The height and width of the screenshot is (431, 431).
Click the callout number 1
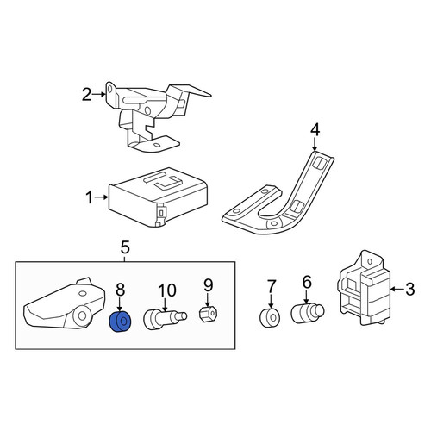pyautogui.click(x=90, y=198)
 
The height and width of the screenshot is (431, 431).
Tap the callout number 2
pyautogui.click(x=87, y=95)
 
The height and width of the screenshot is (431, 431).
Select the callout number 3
pyautogui.click(x=410, y=289)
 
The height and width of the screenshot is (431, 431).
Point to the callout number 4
pyautogui.click(x=315, y=129)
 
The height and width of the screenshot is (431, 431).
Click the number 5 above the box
pyautogui.click(x=125, y=247)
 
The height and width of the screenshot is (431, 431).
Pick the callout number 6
pyautogui.click(x=307, y=282)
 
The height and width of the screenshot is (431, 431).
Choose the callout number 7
pyautogui.click(x=272, y=286)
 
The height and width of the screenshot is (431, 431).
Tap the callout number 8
pyautogui.click(x=120, y=290)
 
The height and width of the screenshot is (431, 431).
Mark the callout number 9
pyautogui.click(x=208, y=285)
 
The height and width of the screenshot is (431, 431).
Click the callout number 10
pyautogui.click(x=166, y=290)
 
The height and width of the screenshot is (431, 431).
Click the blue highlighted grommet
pyautogui.click(x=120, y=322)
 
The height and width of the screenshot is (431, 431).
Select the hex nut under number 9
pyautogui.click(x=209, y=314)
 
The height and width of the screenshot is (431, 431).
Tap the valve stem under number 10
pyautogui.click(x=165, y=319)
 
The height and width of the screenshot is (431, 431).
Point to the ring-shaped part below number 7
pyautogui.click(x=270, y=318)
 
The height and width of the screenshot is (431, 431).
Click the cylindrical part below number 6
pyautogui.click(x=308, y=314)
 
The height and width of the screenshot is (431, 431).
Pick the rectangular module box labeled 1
pyautogui.click(x=158, y=197)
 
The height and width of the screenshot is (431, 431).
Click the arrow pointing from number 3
pyautogui.click(x=397, y=290)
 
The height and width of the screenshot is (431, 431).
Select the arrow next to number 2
pyautogui.click(x=99, y=94)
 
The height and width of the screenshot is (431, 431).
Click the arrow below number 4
pyautogui.click(x=315, y=144)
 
